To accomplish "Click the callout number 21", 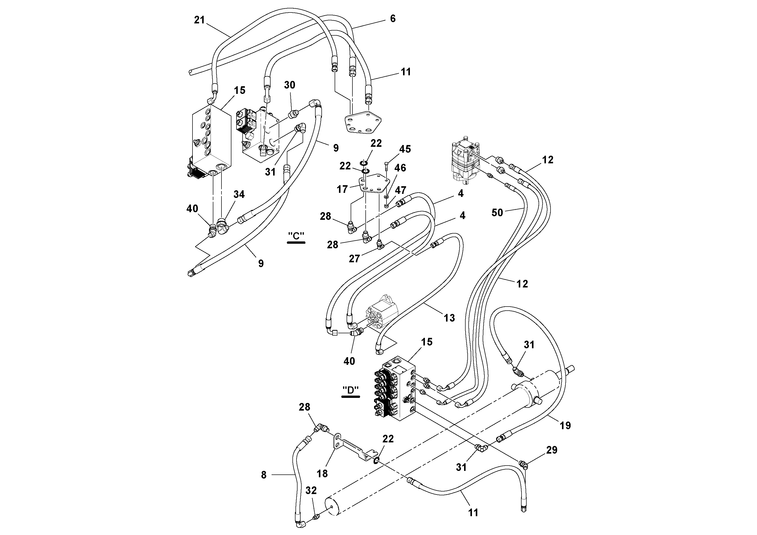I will pyautogui.click(x=199, y=20).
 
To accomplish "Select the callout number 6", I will pyautogui.click(x=392, y=19).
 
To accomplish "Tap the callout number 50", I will pyautogui.click(x=497, y=212).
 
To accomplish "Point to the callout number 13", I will pyautogui.click(x=449, y=318).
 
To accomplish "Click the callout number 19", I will pyautogui.click(x=565, y=426).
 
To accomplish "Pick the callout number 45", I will pyautogui.click(x=405, y=149).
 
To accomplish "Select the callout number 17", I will pyautogui.click(x=342, y=189).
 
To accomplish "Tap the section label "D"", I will pyautogui.click(x=350, y=390).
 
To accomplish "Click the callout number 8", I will pyautogui.click(x=264, y=475).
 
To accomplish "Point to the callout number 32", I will pyautogui.click(x=311, y=490).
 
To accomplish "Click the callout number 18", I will pyautogui.click(x=322, y=473).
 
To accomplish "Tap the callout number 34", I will pyautogui.click(x=239, y=194).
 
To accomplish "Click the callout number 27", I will pyautogui.click(x=354, y=258).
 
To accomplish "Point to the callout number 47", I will pyautogui.click(x=400, y=190).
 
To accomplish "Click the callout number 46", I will pyautogui.click(x=400, y=168).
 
